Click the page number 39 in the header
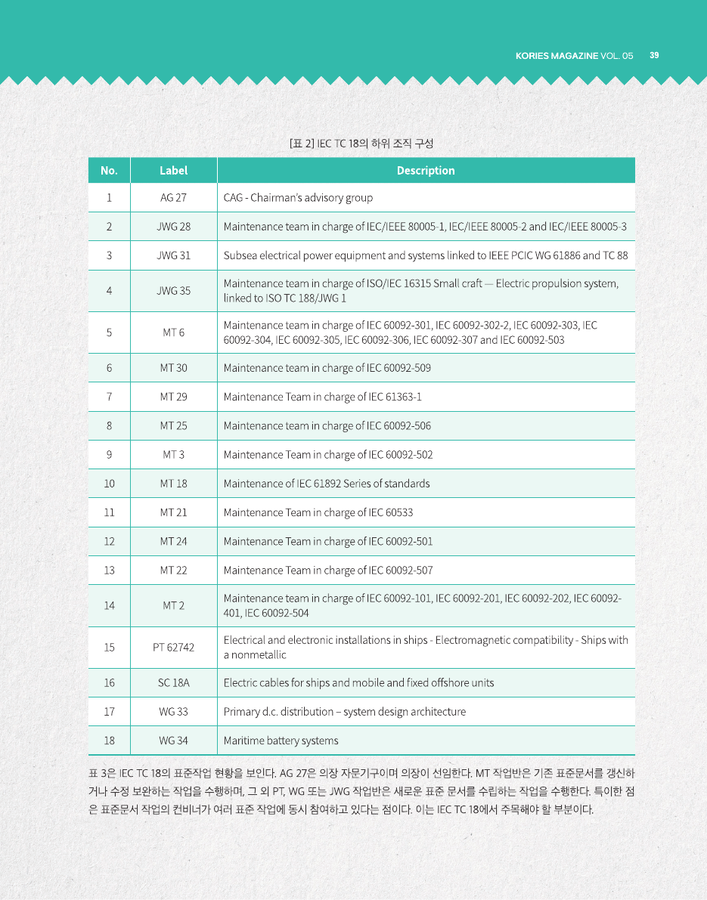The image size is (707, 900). (x=654, y=55)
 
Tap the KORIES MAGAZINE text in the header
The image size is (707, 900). (x=557, y=56)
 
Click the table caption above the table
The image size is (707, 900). (x=361, y=143)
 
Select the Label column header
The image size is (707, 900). (x=173, y=171)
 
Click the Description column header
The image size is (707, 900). (x=426, y=171)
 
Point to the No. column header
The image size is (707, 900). (x=109, y=171)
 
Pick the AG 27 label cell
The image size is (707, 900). (x=173, y=198)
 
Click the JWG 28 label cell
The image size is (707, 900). (x=173, y=227)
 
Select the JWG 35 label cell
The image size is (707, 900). (x=173, y=290)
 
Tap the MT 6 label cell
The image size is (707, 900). (x=173, y=332)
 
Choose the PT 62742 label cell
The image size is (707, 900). (x=173, y=648)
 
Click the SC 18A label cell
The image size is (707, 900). (x=173, y=683)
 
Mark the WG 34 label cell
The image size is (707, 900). (x=173, y=741)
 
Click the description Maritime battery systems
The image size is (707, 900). (x=281, y=741)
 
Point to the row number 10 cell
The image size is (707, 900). (x=109, y=484)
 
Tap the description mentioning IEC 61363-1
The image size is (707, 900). (x=322, y=397)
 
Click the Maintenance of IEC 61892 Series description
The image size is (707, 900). (x=326, y=484)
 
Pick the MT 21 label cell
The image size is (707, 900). (x=173, y=512)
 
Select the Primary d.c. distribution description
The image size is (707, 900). (x=344, y=712)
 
